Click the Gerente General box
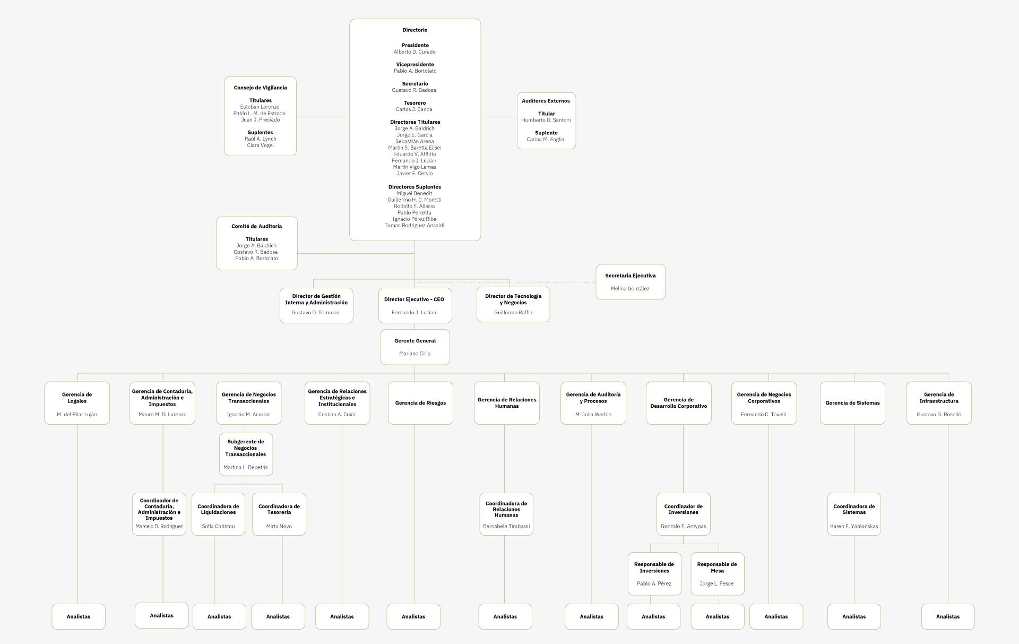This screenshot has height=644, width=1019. click(415, 347)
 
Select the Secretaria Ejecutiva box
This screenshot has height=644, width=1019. click(630, 282)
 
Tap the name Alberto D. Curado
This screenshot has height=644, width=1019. click(414, 52)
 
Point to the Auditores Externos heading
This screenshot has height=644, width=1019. click(546, 101)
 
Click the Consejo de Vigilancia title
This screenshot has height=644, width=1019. click(260, 88)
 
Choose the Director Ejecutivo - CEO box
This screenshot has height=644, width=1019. click(414, 305)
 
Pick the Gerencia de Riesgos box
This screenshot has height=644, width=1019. click(420, 403)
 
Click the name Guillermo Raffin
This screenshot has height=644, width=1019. click(513, 313)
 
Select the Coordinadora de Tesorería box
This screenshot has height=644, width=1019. click(279, 514)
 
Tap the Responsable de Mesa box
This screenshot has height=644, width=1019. click(717, 573)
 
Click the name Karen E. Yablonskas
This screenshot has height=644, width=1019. click(854, 527)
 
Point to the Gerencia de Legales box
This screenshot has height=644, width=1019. click(77, 403)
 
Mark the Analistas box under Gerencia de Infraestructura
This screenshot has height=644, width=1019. click(948, 616)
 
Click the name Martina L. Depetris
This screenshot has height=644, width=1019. click(246, 468)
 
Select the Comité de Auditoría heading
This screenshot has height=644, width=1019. click(256, 226)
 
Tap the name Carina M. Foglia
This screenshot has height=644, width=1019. click(546, 140)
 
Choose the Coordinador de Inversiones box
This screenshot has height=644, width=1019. click(683, 514)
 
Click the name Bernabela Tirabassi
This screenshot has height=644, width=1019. click(506, 527)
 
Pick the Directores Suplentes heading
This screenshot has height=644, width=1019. click(414, 187)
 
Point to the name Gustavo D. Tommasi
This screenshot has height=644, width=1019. click(316, 313)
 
